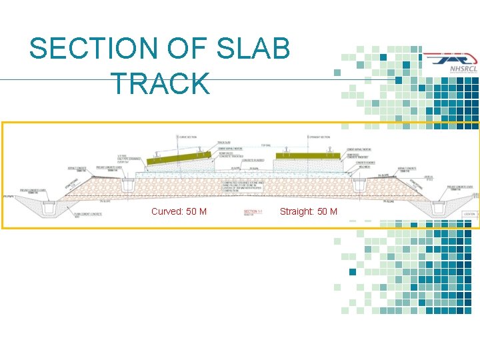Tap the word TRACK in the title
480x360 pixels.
pos(160,85)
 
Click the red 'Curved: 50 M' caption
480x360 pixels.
pos(179,212)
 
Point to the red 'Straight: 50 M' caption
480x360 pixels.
pos(309,212)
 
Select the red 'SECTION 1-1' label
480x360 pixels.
pos(253,211)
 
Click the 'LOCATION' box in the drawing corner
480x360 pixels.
pos(471,213)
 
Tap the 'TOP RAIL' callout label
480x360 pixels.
pos(265,145)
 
